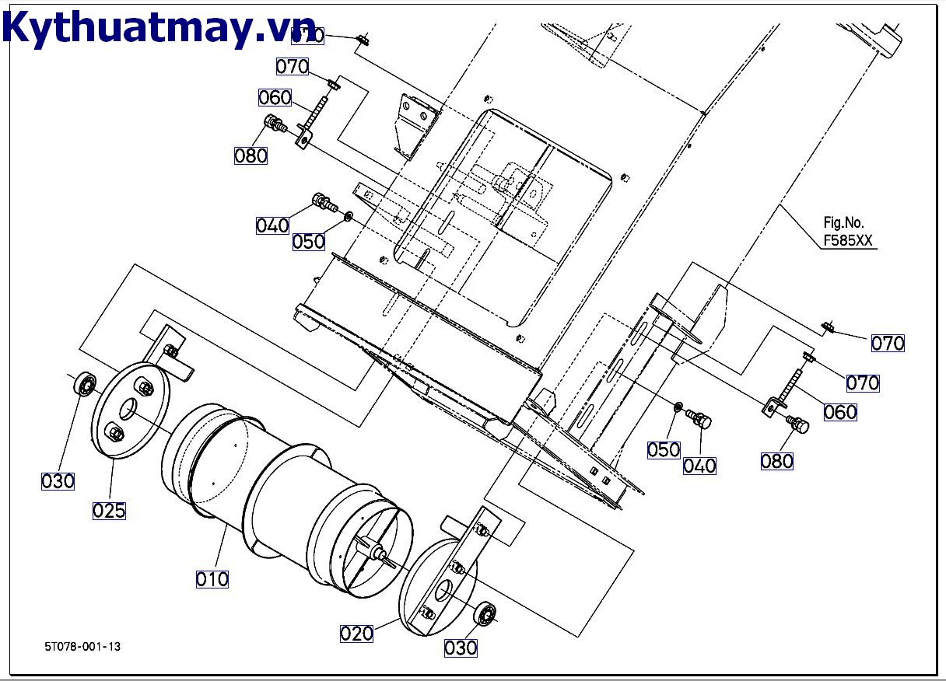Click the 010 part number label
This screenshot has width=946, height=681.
[x=212, y=579]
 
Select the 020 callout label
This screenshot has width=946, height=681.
[x=356, y=634]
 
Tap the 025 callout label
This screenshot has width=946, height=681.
[x=109, y=511]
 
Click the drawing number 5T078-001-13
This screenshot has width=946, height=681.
[x=82, y=646]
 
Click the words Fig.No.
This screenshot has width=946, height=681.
[x=843, y=222]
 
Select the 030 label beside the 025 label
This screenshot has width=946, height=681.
[x=58, y=481]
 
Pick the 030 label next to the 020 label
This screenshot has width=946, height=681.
[x=461, y=648]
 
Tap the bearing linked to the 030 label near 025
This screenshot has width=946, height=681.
[x=84, y=384]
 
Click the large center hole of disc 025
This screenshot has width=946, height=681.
[x=129, y=408]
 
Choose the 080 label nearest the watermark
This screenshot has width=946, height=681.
[x=251, y=155]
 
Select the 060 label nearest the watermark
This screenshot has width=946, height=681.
[x=275, y=97]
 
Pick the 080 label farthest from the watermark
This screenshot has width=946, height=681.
[x=776, y=461]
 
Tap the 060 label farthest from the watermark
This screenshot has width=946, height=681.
[x=840, y=412]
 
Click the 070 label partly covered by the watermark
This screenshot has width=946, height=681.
[x=308, y=36]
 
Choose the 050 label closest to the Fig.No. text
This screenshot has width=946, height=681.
[x=664, y=449]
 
